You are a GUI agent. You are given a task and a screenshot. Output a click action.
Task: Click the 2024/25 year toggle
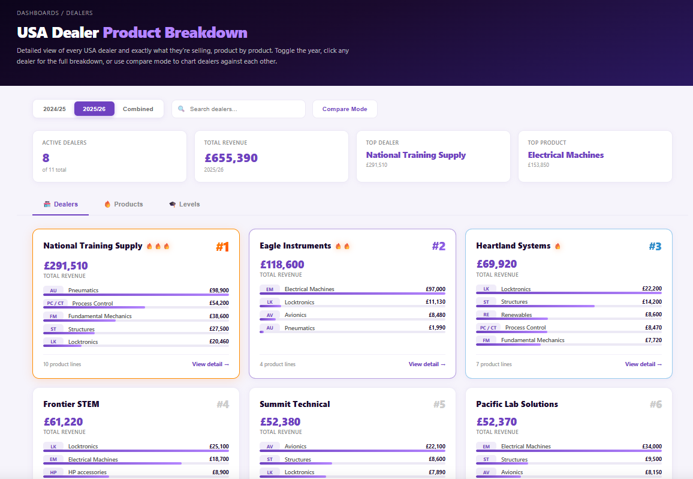54,109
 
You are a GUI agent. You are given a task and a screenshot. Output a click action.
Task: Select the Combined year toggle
138,109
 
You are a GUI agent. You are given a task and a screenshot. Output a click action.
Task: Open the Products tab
123,204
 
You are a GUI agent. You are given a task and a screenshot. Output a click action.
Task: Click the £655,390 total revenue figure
231,158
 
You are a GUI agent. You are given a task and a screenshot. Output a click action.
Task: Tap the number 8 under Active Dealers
46,158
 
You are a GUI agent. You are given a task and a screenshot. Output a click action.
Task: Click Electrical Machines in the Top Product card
565,155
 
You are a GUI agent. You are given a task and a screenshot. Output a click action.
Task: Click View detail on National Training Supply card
210,364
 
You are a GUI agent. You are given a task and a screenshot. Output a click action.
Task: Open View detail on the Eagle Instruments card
427,364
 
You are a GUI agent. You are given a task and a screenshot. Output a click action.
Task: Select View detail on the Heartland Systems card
643,364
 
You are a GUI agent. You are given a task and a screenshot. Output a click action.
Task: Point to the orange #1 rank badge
222,247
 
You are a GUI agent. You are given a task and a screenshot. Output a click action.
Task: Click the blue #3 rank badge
655,246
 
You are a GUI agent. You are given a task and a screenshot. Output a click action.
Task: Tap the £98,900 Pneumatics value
219,290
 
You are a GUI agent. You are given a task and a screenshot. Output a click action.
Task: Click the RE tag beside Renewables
486,315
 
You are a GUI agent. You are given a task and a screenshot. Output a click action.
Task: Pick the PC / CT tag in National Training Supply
55,303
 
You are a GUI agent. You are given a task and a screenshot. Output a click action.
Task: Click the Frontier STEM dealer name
71,404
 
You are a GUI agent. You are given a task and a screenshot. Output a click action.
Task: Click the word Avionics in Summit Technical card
295,447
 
